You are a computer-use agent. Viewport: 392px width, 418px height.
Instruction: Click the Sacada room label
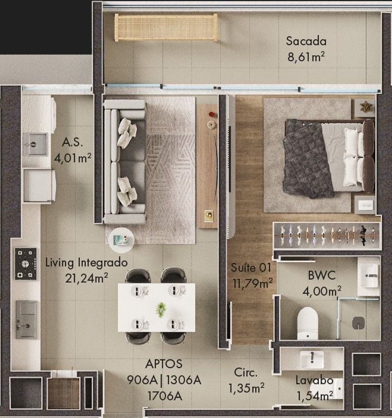[306, 41]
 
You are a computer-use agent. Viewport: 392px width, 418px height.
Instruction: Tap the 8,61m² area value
[306, 57]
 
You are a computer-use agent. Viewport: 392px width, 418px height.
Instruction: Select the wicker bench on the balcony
[166, 28]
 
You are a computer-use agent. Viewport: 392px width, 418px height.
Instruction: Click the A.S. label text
[72, 142]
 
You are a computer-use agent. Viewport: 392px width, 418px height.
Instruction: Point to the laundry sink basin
[35, 144]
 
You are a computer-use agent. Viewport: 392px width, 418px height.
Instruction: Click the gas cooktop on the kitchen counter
[25, 264]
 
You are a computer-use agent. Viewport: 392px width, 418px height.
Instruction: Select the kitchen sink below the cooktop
[26, 320]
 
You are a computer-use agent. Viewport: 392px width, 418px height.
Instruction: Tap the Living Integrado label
[87, 263]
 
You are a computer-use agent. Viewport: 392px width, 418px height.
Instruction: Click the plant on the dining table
[161, 309]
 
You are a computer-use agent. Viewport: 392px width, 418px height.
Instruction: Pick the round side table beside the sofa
[122, 240]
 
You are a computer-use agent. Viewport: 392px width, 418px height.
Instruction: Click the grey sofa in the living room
[125, 162]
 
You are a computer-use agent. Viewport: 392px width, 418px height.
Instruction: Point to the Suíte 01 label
[251, 268]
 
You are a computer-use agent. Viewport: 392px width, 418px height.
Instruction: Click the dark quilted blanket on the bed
[308, 159]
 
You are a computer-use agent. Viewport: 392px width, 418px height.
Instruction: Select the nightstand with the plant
[364, 108]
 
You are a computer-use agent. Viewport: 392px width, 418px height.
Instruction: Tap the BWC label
[322, 275]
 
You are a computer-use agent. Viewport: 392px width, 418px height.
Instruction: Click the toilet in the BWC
[308, 323]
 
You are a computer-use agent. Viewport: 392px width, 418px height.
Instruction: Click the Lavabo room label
[315, 380]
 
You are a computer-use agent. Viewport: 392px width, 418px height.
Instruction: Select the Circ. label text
[245, 373]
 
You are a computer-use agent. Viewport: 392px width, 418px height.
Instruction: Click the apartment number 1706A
[164, 396]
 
